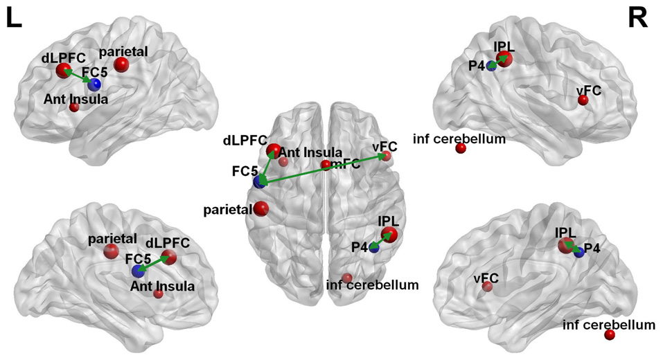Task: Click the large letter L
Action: click(x=15, y=19)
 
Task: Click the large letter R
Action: click(x=637, y=19)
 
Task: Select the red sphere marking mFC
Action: click(x=326, y=165)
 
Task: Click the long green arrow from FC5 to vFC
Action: click(x=322, y=170)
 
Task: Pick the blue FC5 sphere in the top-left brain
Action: click(x=94, y=84)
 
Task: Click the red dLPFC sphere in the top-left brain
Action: click(x=63, y=71)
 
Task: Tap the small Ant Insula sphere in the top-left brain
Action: click(x=74, y=107)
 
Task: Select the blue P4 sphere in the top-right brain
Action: click(x=491, y=66)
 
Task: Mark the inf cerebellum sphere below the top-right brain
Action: click(x=461, y=148)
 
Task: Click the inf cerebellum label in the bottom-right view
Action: click(x=609, y=324)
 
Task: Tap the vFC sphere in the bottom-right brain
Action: click(x=488, y=287)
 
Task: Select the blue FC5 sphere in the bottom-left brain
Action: click(x=139, y=271)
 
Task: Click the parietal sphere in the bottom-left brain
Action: click(x=111, y=251)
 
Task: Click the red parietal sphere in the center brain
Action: click(x=261, y=208)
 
